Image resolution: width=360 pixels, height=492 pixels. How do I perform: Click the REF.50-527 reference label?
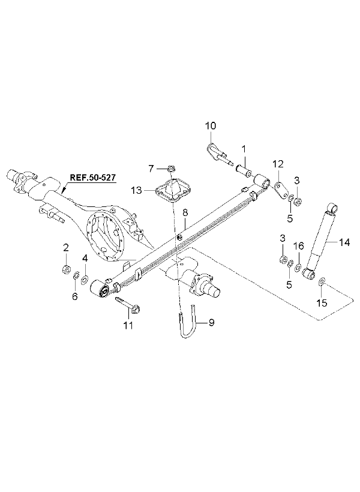pyautogui.click(x=92, y=177)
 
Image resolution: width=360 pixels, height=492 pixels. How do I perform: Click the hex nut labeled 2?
pyautogui.click(x=65, y=269)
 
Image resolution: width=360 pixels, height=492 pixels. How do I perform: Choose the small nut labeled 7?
pyautogui.click(x=171, y=169)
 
